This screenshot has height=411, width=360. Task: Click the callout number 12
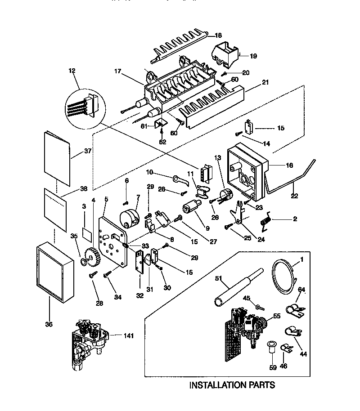coord(72,71)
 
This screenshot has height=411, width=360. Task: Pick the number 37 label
coord(87,151)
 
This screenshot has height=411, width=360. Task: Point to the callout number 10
coord(149,172)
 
